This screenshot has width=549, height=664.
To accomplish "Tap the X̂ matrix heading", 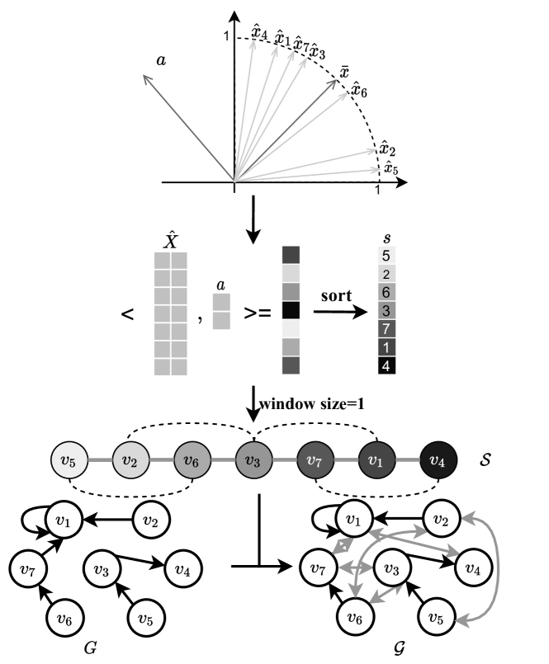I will [171, 241].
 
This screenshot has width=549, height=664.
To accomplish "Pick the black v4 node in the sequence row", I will [438, 459].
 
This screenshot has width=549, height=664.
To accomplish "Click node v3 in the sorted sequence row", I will [253, 459].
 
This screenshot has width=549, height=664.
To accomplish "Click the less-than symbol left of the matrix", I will [128, 316].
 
